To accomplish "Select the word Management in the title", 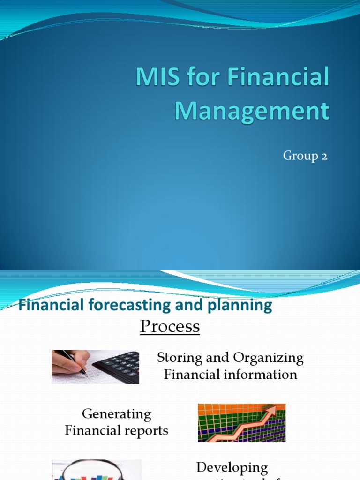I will (x=252, y=111).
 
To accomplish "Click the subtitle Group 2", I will (x=305, y=156).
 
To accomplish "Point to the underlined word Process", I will (x=170, y=326).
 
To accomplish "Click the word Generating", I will (x=116, y=414).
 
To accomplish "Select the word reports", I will (x=145, y=430).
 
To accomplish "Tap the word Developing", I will (x=232, y=467).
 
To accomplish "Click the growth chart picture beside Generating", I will (x=241, y=422).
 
